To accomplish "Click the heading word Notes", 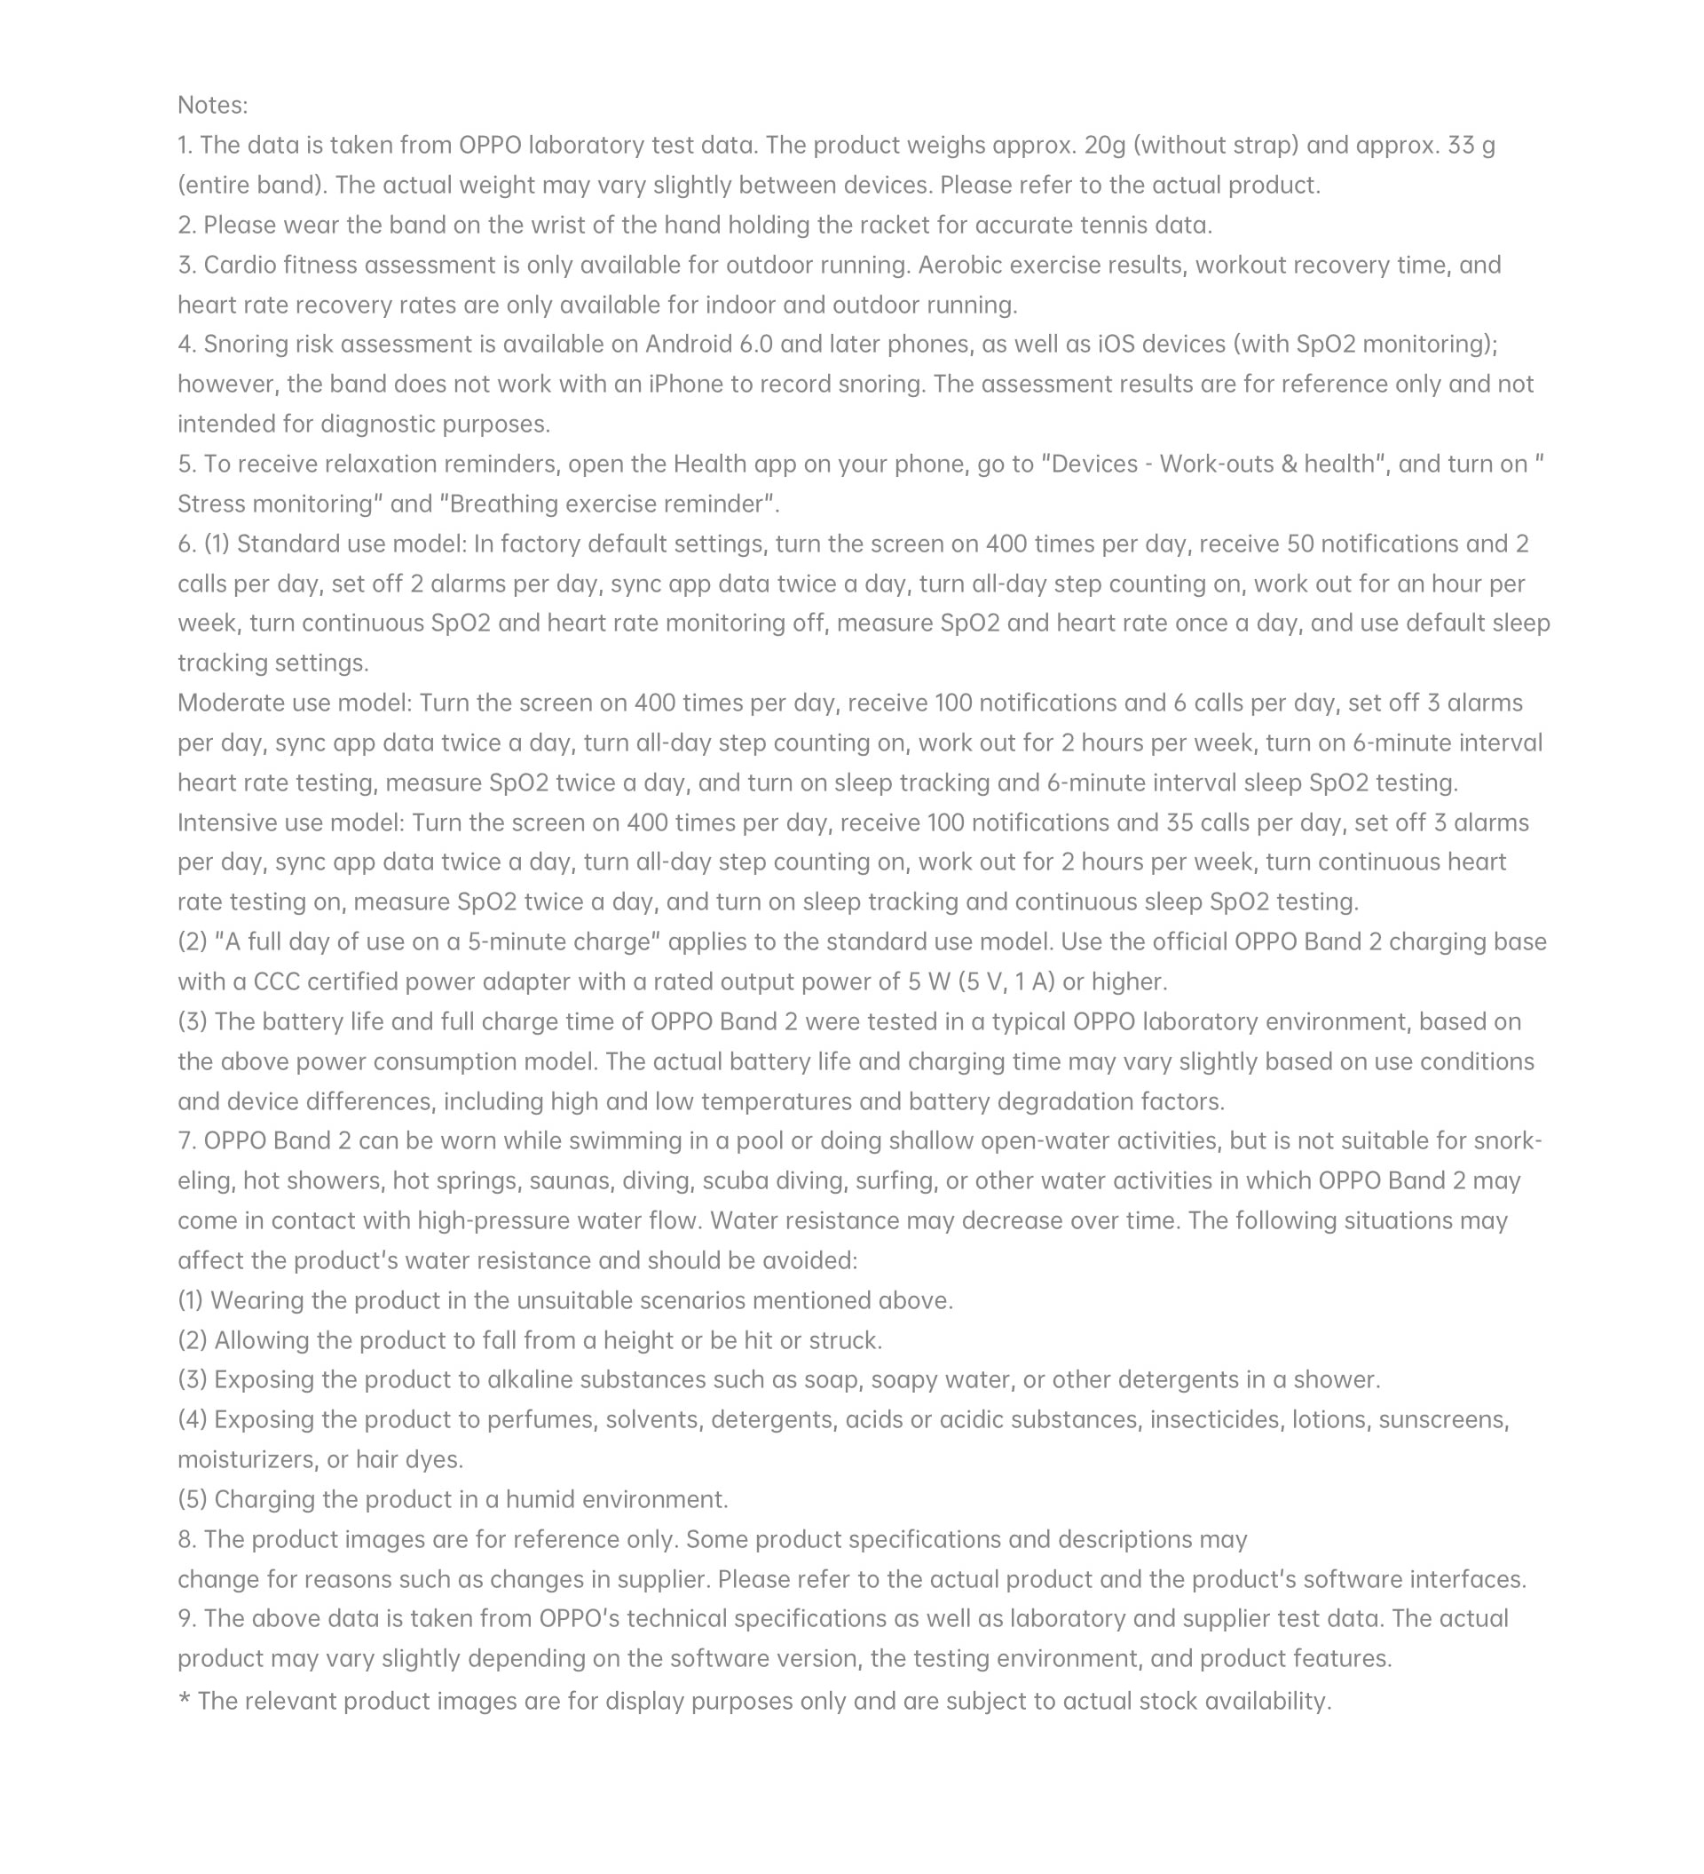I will click(212, 105).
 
